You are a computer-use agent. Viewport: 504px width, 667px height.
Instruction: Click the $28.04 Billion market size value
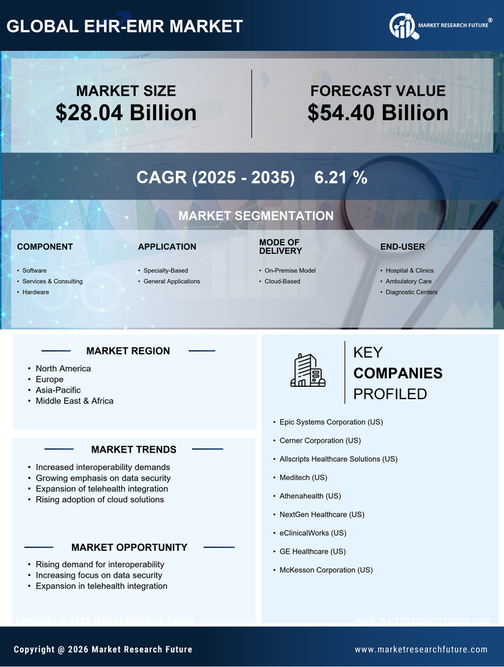coord(126,113)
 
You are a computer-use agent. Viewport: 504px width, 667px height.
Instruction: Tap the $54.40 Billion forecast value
coord(377,113)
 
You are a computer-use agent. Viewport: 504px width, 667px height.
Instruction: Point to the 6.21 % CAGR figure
coord(341,177)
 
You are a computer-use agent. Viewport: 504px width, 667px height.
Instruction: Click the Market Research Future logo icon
coord(402,26)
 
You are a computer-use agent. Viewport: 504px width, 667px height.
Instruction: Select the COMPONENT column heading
coord(45,246)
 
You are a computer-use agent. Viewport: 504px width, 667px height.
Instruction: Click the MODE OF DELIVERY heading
coord(280,246)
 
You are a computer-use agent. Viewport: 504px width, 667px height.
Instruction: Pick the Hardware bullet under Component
coord(35,292)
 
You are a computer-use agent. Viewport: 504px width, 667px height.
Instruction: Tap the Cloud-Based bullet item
coord(282,281)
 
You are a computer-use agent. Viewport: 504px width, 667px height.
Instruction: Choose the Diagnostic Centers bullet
coord(411,292)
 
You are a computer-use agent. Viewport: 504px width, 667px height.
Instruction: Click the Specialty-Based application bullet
coord(165,270)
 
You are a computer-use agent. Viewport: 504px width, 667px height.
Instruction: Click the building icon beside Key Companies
coord(308,370)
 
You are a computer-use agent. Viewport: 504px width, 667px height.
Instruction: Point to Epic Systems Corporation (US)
coord(331,422)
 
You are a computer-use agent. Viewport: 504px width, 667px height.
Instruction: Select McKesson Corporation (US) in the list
coord(326,570)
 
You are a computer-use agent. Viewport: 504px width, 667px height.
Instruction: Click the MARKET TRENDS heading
coord(134,449)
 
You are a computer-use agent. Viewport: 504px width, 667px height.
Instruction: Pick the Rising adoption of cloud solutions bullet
coord(100,500)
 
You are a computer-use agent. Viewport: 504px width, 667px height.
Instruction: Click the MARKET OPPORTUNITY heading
coord(129,547)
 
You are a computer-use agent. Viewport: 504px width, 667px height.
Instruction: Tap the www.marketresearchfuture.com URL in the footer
coord(421,649)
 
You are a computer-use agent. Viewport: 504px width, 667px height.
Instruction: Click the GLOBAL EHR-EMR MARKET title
coord(125,26)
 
